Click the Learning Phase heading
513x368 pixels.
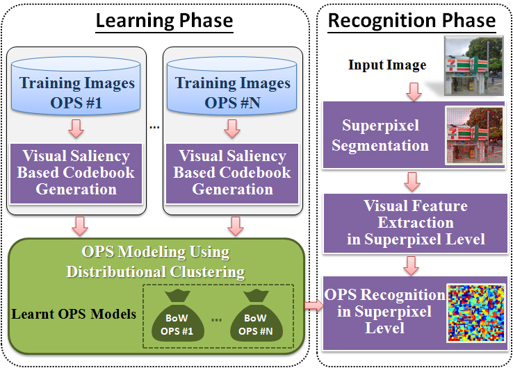point(164,20)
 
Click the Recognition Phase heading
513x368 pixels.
point(412,20)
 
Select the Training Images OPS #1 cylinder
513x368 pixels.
point(76,85)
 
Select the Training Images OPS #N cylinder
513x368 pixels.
point(232,85)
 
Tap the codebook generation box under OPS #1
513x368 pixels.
point(76,174)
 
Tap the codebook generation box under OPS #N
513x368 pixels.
point(232,174)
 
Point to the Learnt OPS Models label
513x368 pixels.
point(74,314)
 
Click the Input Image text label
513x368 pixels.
point(387,65)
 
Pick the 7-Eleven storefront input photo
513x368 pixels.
point(473,66)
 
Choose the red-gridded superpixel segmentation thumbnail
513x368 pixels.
point(474,135)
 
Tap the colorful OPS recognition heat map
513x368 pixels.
point(476,313)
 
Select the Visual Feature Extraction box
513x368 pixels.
point(415,224)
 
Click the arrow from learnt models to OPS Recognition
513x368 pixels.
point(313,306)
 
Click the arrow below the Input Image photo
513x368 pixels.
point(414,92)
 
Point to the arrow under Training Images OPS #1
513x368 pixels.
point(76,128)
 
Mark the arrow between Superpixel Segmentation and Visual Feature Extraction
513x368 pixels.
point(412,182)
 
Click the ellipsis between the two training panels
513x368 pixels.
point(154,127)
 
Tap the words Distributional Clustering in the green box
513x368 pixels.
point(156,272)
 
